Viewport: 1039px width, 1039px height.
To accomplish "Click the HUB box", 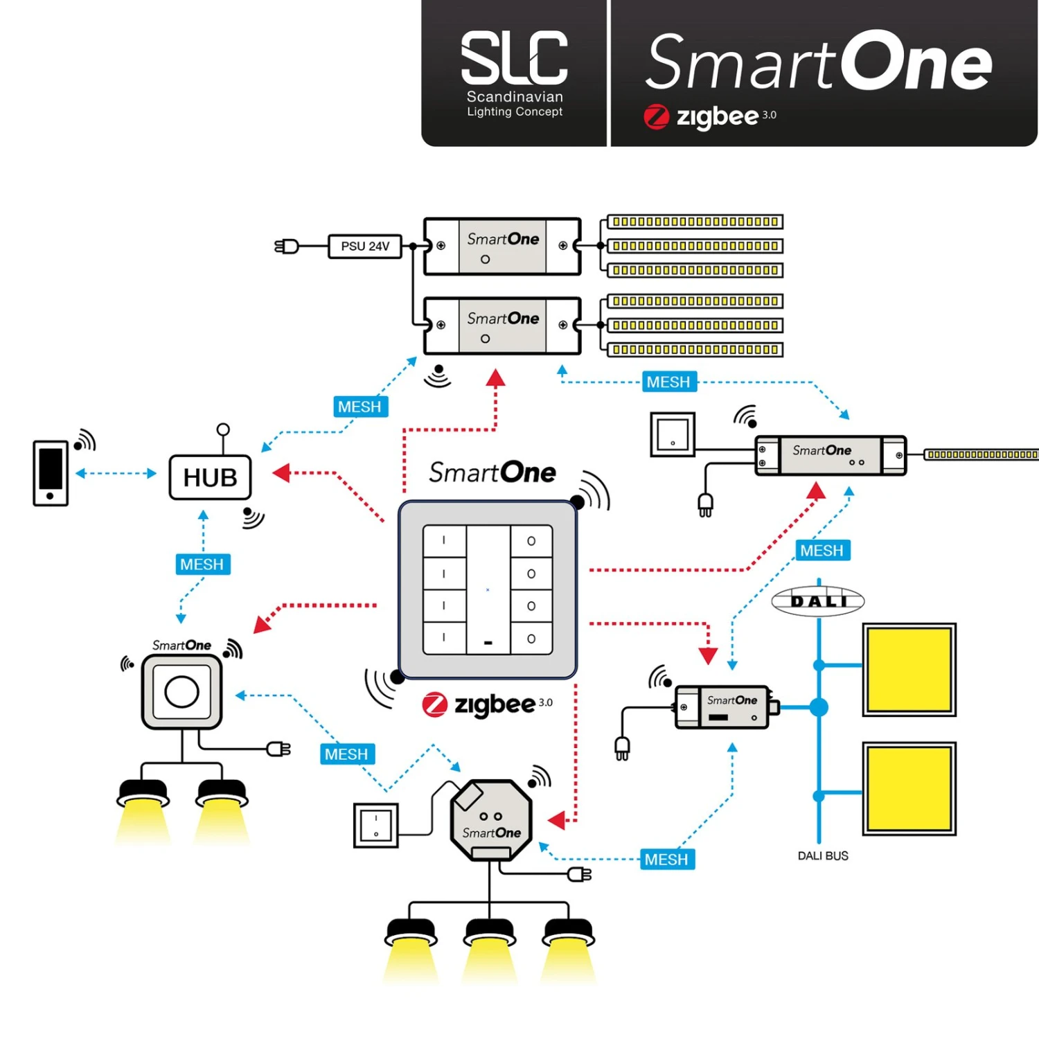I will (210, 477).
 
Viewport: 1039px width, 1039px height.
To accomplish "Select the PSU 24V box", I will (365, 247).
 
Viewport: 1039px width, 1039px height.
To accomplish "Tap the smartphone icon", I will (51, 473).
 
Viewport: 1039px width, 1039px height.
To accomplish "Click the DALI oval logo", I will (818, 601).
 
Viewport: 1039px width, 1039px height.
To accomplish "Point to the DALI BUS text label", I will (822, 856).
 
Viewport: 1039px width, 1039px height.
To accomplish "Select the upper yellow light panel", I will (909, 669).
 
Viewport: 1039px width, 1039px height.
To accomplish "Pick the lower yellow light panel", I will (909, 788).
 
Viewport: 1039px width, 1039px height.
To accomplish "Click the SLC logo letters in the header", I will (514, 58).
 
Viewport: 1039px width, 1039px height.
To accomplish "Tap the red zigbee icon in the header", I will (656, 116).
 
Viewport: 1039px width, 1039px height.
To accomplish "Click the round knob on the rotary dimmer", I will (181, 691).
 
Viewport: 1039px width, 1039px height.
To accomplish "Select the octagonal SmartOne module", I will (490, 820).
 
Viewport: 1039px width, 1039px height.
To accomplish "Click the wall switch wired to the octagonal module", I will (375, 825).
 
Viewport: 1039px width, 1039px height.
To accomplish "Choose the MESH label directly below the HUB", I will (202, 565).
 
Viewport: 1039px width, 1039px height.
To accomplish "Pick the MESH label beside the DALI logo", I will (822, 551).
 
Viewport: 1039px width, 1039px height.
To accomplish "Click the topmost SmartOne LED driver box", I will (502, 247).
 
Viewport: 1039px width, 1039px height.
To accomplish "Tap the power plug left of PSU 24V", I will (287, 247).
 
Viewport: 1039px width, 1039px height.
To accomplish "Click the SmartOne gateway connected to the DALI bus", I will (722, 707).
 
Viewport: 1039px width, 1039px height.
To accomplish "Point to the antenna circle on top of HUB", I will (223, 429).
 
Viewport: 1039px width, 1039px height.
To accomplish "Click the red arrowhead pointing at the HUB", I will (281, 473).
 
